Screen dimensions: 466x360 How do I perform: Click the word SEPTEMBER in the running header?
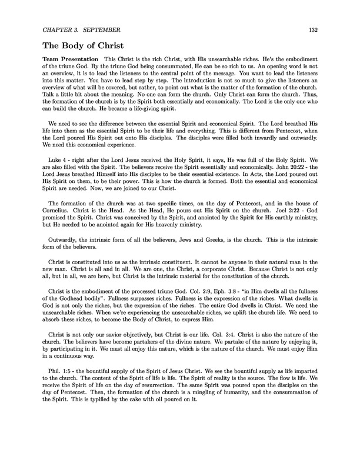pyautogui.click(x=103, y=29)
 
